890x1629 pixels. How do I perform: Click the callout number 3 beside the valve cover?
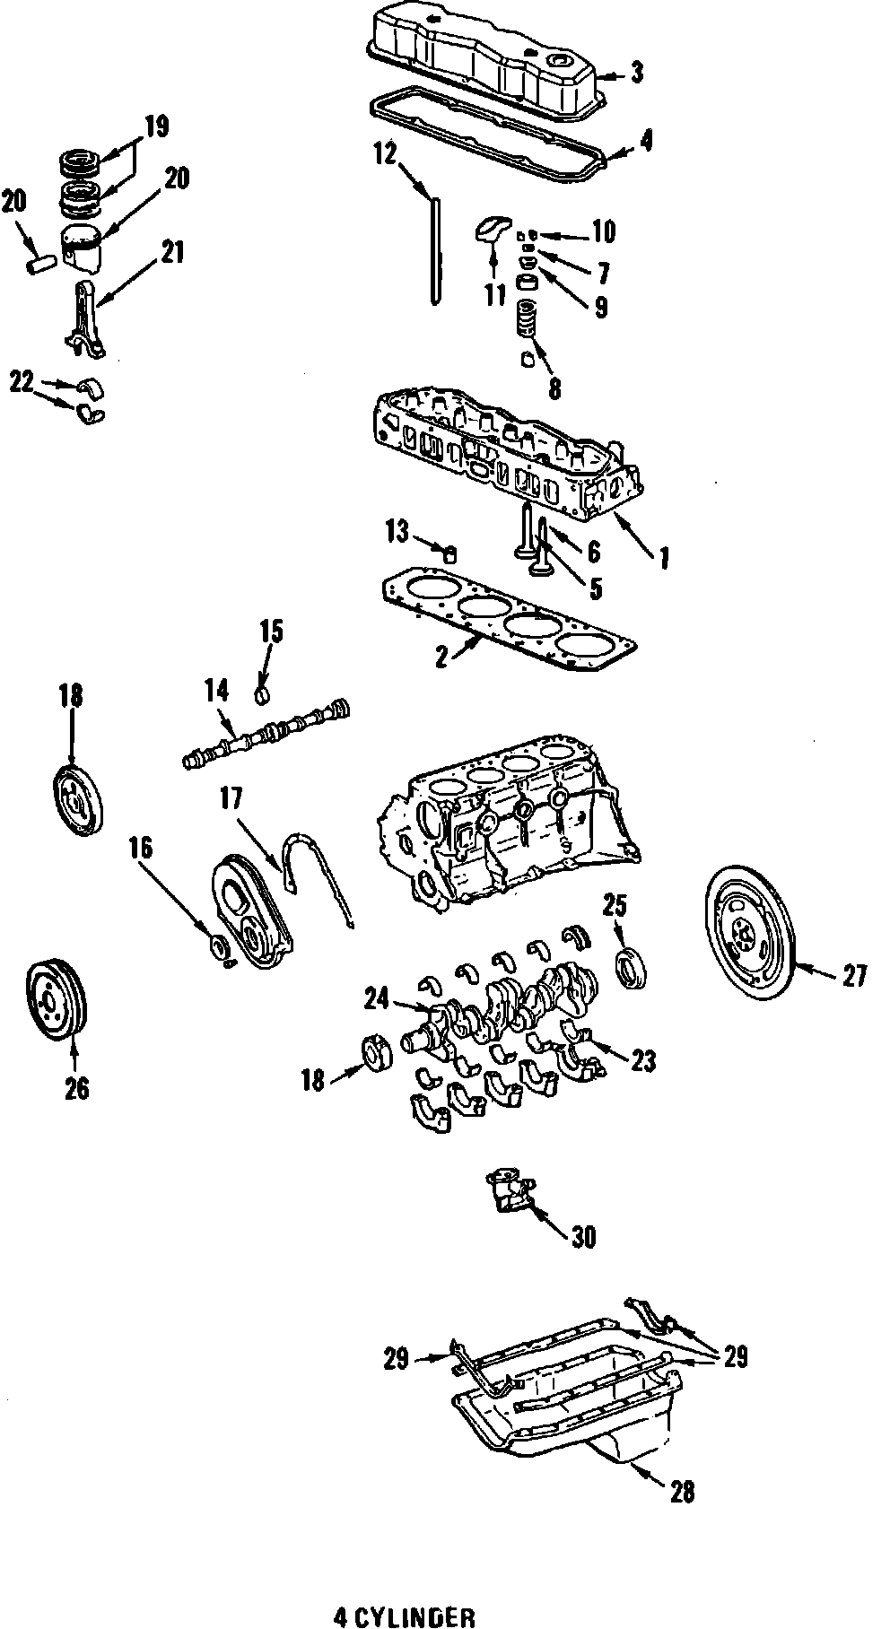[x=636, y=72]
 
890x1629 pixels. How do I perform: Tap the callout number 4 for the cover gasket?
[x=646, y=140]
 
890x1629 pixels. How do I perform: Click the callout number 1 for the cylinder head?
[x=664, y=559]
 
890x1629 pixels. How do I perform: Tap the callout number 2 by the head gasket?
[x=441, y=657]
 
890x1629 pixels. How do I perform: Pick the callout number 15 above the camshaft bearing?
[x=271, y=632]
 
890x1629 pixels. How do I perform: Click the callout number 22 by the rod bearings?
[x=21, y=381]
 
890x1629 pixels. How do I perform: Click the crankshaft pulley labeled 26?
[x=56, y=1001]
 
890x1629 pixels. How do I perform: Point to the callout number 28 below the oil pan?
[x=681, y=1490]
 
